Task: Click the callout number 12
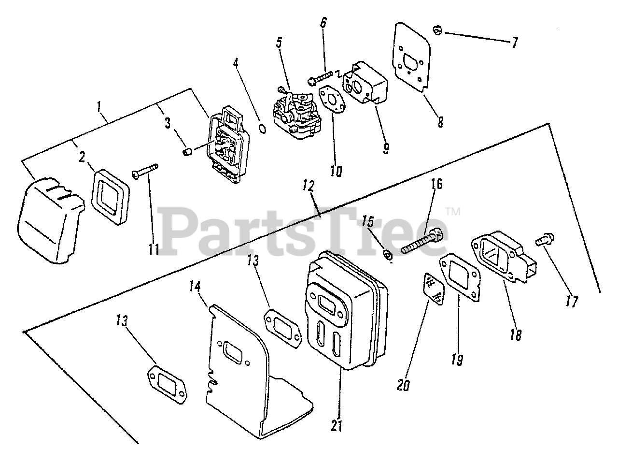point(309,186)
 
